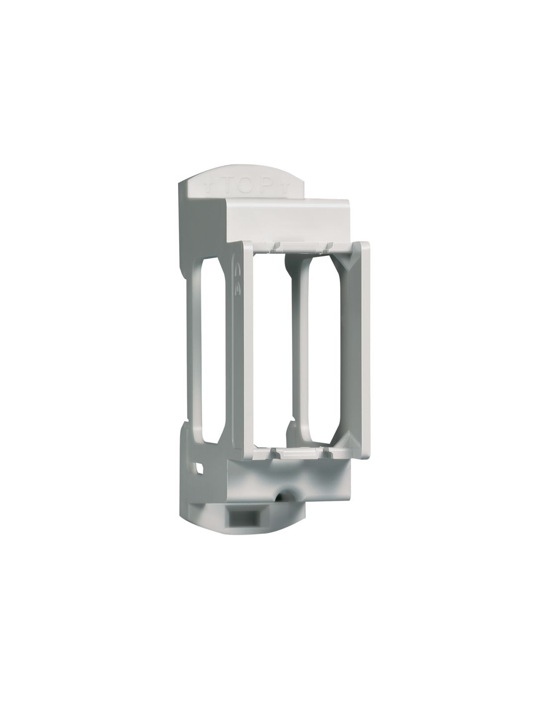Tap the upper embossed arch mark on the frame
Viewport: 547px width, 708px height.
(x=237, y=268)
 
